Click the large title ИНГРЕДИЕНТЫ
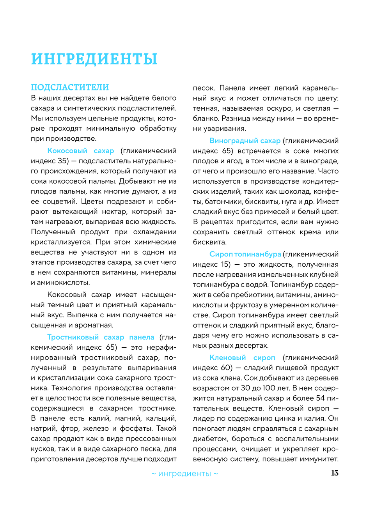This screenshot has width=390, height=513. click(94, 59)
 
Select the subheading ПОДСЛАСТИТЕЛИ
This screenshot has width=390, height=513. click(70, 87)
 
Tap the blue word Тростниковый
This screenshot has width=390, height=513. click(73, 337)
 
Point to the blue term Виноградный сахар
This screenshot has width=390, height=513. click(245, 141)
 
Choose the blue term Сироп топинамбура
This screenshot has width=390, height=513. click(245, 254)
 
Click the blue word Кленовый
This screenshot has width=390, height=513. click(228, 357)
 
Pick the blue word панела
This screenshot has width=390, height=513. click(142, 337)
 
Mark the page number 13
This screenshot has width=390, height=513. click(335, 473)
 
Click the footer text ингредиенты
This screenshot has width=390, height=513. click(184, 474)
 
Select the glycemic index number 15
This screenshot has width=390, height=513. click(225, 264)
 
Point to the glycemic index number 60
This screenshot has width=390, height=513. click(227, 368)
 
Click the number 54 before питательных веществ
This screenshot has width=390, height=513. click(320, 398)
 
